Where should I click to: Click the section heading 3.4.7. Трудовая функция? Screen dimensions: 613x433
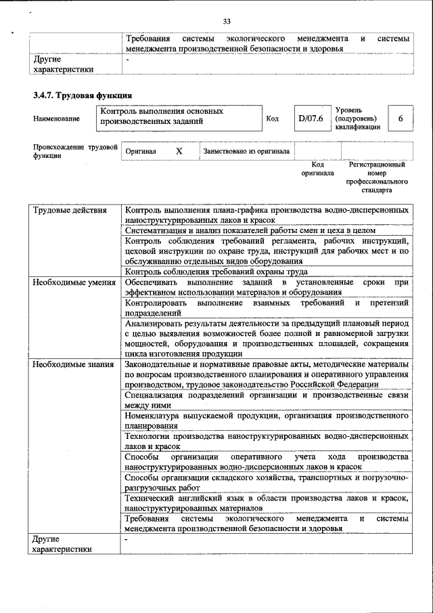point(83,96)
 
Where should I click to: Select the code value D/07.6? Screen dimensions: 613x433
point(311,119)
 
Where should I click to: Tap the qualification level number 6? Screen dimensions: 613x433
point(401,119)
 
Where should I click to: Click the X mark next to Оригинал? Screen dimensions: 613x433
point(179,151)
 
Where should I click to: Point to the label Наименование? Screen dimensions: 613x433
point(56,119)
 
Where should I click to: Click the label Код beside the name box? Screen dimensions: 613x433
point(273,119)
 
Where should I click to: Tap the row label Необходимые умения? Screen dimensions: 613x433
point(74,282)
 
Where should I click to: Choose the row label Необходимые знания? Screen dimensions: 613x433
point(73,365)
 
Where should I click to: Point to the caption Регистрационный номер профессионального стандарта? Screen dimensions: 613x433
point(377,177)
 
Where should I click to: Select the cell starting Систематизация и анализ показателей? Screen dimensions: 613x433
point(250,230)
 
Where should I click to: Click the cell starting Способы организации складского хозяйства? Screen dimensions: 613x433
point(267,483)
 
